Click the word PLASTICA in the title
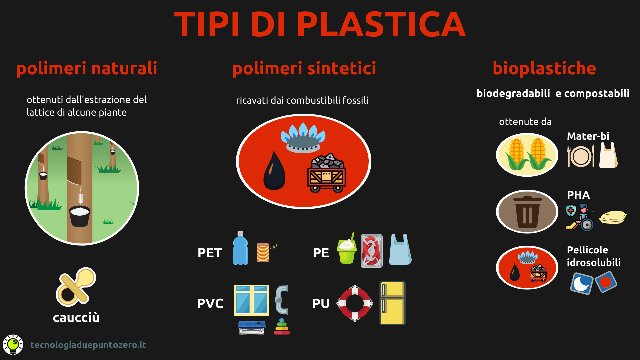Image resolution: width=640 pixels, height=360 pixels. (381, 24)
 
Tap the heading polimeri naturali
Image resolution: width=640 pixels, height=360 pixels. (87, 68)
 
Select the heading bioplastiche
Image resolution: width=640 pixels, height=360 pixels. (544, 68)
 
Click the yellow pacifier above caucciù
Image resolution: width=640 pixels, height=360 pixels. (76, 287)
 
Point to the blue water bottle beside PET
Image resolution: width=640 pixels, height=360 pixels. (240, 248)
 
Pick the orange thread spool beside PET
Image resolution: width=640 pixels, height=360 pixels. (263, 252)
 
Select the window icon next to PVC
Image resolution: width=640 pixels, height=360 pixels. (252, 300)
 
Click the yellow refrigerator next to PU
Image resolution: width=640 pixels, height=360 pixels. (393, 303)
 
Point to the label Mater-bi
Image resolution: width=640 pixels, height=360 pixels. (588, 136)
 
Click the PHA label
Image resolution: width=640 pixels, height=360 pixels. (578, 195)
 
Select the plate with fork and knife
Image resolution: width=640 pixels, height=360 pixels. (580, 156)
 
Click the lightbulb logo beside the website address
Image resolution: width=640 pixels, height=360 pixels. (13, 345)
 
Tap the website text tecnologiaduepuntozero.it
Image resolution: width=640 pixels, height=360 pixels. (88, 345)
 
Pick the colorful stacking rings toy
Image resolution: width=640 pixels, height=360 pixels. (282, 327)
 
